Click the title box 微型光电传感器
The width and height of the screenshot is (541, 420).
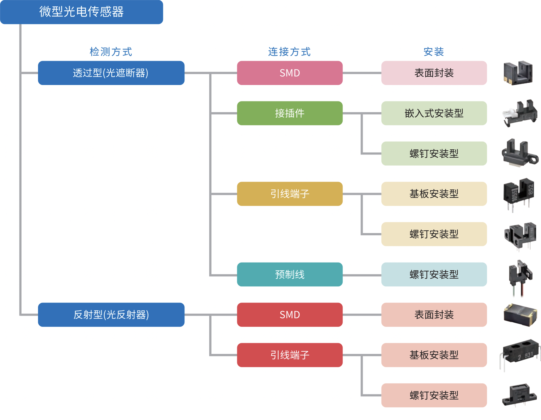[81, 12]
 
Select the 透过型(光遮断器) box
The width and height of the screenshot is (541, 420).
[111, 73]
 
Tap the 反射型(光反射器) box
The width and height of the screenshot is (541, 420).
[111, 315]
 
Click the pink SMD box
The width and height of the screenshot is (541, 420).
[290, 73]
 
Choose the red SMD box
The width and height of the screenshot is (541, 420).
[290, 315]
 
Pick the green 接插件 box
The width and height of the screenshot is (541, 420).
[290, 113]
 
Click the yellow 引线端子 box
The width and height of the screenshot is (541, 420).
[290, 194]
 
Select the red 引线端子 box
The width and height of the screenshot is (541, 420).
[290, 355]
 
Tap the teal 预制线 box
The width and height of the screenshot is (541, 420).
[290, 274]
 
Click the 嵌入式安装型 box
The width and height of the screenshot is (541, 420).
[434, 113]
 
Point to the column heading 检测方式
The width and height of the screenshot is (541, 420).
[111, 52]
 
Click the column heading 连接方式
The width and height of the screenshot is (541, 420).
[289, 52]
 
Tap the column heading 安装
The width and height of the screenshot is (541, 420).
[434, 52]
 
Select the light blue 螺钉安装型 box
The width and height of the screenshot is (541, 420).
[434, 274]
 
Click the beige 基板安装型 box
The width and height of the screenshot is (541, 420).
[434, 194]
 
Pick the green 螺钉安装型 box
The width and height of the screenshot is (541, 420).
[434, 153]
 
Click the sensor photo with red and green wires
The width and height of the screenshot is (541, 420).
[520, 278]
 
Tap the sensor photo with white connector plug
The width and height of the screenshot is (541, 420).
[519, 113]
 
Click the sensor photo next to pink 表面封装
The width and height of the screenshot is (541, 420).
[518, 73]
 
